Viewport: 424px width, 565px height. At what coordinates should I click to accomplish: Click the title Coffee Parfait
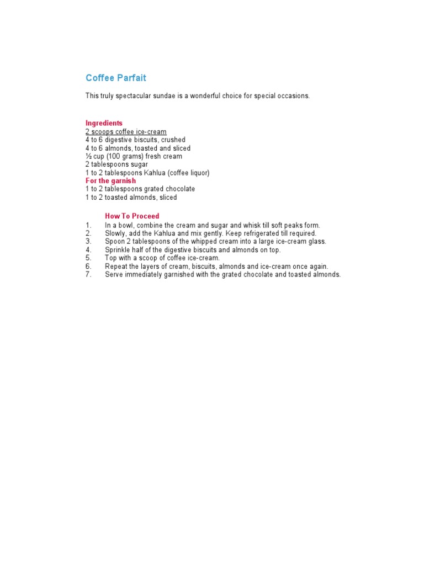116,78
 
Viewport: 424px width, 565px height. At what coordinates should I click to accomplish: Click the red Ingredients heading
104,123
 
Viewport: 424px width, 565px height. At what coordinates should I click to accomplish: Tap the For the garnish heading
110,180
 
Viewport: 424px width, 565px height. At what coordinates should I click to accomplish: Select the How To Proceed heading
132,216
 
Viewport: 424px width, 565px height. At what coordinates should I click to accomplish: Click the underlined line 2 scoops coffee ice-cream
126,132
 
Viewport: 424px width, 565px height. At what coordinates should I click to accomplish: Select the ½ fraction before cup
88,157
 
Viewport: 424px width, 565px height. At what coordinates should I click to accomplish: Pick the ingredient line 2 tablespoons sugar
116,164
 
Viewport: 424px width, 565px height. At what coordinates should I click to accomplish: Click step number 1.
88,225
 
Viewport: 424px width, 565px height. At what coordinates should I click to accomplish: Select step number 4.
88,250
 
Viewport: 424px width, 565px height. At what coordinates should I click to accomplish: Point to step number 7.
88,274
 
